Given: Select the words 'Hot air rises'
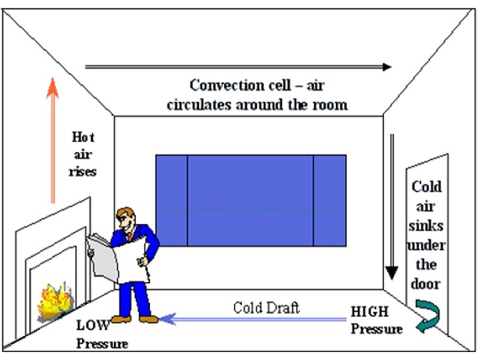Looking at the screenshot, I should click(83, 154).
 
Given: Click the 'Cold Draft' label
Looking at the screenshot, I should click(266, 307).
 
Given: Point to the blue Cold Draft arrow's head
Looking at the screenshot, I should click(165, 319).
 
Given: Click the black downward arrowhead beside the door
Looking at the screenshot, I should click(392, 273).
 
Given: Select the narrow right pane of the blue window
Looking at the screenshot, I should click(329, 199).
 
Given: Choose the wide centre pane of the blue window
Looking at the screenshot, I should click(250, 199).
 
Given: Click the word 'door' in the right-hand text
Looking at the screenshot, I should click(426, 283).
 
